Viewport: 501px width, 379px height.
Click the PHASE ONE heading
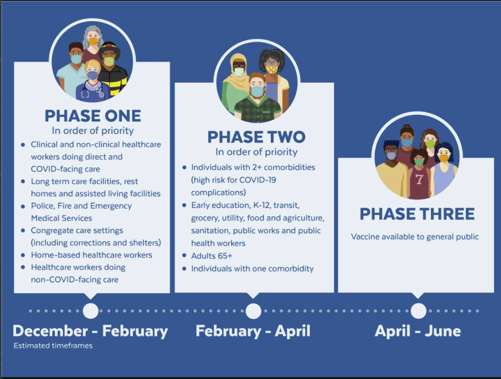(x=93, y=116)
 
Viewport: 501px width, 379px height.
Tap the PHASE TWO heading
(x=256, y=137)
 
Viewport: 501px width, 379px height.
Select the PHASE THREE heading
(x=417, y=214)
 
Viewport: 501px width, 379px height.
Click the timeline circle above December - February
(x=91, y=310)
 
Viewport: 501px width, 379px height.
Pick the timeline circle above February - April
(x=253, y=311)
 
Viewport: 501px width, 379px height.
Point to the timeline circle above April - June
(x=418, y=310)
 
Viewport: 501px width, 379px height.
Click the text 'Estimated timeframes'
(x=53, y=345)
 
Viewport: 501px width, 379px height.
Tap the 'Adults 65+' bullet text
(x=212, y=256)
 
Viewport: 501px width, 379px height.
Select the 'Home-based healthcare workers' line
(x=92, y=255)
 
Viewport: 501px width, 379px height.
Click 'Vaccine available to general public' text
(x=415, y=237)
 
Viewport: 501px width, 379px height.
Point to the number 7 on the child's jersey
(x=419, y=179)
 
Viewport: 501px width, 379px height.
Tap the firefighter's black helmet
(x=109, y=48)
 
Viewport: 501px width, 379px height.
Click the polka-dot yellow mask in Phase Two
(x=272, y=68)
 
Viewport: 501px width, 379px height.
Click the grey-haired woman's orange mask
(x=93, y=41)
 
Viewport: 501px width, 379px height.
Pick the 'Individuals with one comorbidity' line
(x=252, y=269)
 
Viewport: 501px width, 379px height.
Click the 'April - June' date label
(x=418, y=331)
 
